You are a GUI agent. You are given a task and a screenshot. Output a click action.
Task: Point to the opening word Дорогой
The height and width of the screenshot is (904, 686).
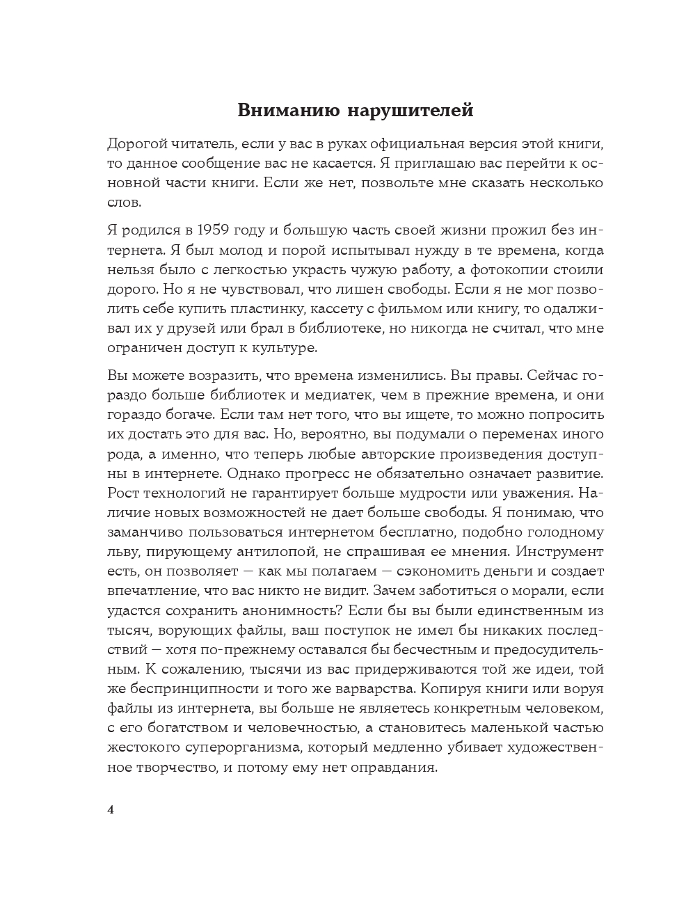point(138,145)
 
